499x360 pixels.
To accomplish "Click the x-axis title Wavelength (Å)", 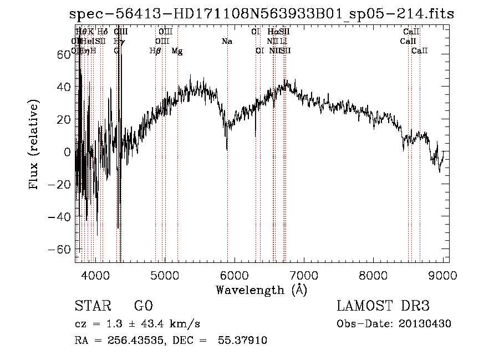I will tap(261, 290).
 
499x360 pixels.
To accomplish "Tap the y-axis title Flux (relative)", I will tap(34, 146).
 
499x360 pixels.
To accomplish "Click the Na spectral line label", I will tap(226, 41).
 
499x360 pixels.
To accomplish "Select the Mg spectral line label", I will tap(177, 51).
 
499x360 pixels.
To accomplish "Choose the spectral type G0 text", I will tap(143, 307).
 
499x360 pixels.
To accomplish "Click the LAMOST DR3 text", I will tap(383, 307).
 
